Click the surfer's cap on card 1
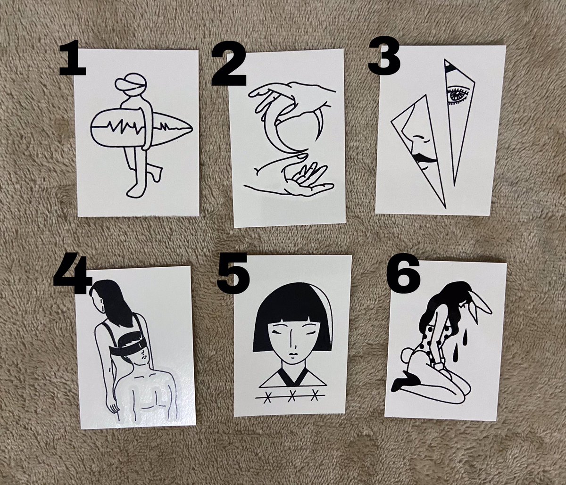[x=131, y=85]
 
